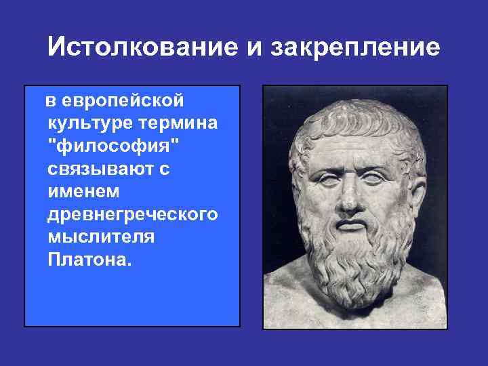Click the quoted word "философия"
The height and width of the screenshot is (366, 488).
click(109, 146)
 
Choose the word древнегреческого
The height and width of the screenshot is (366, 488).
click(133, 215)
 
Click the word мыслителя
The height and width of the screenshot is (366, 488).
click(101, 237)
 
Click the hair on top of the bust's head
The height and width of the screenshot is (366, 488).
click(352, 112)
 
